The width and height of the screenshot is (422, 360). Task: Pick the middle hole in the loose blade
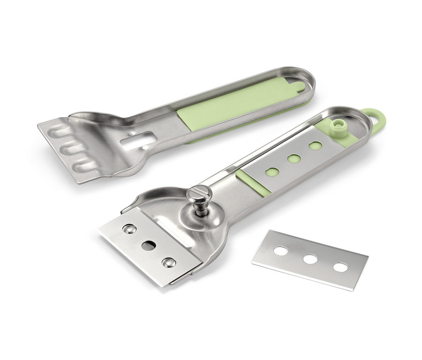(310, 259)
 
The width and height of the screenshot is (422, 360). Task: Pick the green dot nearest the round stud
(316, 146)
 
